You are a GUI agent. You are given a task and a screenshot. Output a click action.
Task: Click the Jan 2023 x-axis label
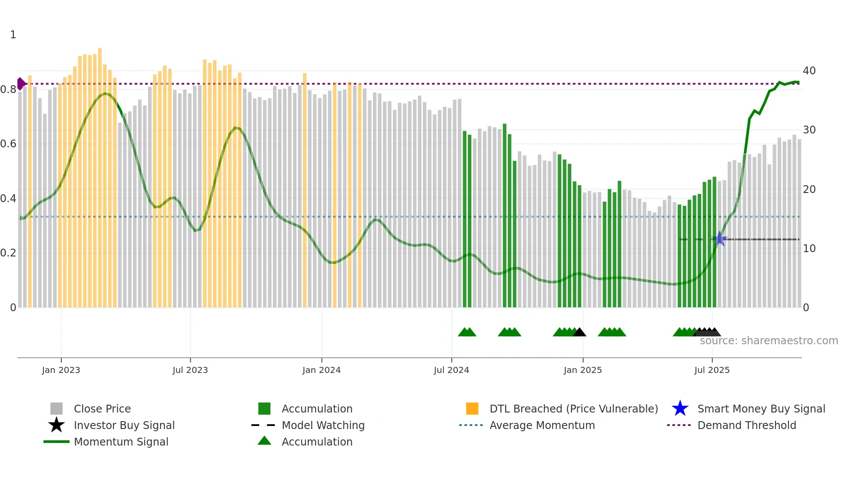point(61,370)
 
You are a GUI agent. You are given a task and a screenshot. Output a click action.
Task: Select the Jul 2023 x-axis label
point(190,370)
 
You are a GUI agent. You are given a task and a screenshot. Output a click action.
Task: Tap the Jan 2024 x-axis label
point(321,370)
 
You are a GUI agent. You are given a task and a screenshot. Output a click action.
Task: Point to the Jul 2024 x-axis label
point(451,370)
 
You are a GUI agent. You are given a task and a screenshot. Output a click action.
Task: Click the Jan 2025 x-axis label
point(582,370)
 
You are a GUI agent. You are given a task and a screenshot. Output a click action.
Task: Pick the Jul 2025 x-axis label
point(712,370)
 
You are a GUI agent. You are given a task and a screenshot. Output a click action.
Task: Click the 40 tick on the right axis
point(809,71)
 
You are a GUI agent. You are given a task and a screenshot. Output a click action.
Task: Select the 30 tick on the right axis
point(809,130)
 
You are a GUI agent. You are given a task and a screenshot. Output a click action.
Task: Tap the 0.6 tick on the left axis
point(8,144)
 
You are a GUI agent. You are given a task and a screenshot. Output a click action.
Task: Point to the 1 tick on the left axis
point(13,35)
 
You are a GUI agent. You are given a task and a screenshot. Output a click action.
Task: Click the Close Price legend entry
point(102,409)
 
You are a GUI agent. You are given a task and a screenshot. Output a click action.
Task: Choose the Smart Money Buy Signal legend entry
point(761,409)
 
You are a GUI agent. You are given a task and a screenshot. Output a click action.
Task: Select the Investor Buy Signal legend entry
point(124,425)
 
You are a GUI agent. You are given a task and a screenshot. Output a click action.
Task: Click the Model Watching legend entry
point(323,425)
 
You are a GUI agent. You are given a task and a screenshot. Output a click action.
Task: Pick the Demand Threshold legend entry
point(746,425)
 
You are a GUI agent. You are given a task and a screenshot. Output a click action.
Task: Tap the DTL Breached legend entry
point(573,409)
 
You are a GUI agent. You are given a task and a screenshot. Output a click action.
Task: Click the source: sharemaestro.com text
point(769,341)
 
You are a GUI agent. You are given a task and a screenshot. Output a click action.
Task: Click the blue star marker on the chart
point(719,239)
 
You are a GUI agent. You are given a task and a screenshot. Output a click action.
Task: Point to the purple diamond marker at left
point(20,84)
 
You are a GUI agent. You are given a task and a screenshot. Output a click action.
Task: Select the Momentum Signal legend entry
point(121,442)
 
